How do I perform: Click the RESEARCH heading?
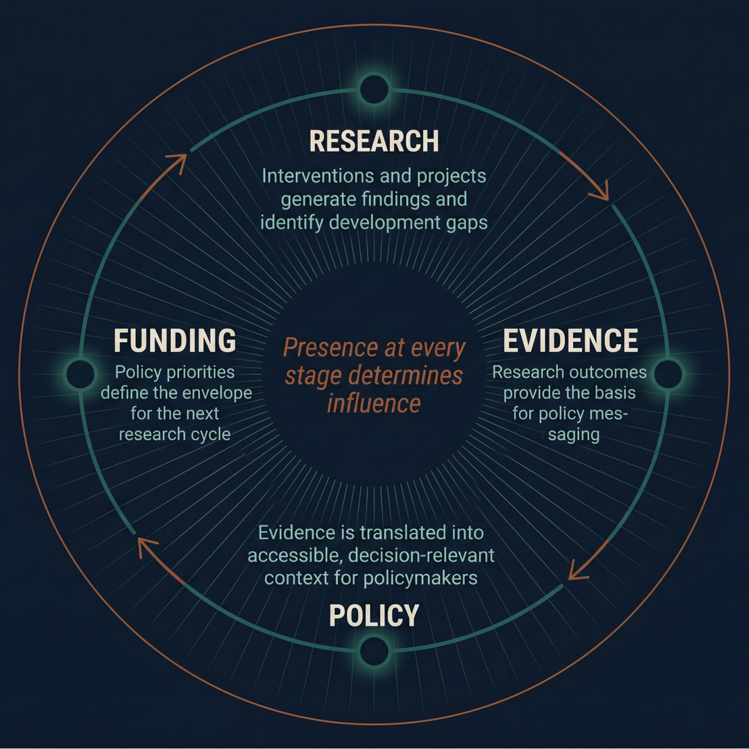coord(374,141)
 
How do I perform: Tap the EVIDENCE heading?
coord(570,341)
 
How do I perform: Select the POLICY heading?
coord(374,615)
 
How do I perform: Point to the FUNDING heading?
coord(175,341)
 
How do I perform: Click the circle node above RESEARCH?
coord(374,89)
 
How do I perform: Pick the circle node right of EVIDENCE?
coord(668,373)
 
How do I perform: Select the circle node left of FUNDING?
coord(80,373)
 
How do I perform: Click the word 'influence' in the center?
coord(374,404)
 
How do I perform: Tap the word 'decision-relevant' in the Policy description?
coord(421,555)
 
